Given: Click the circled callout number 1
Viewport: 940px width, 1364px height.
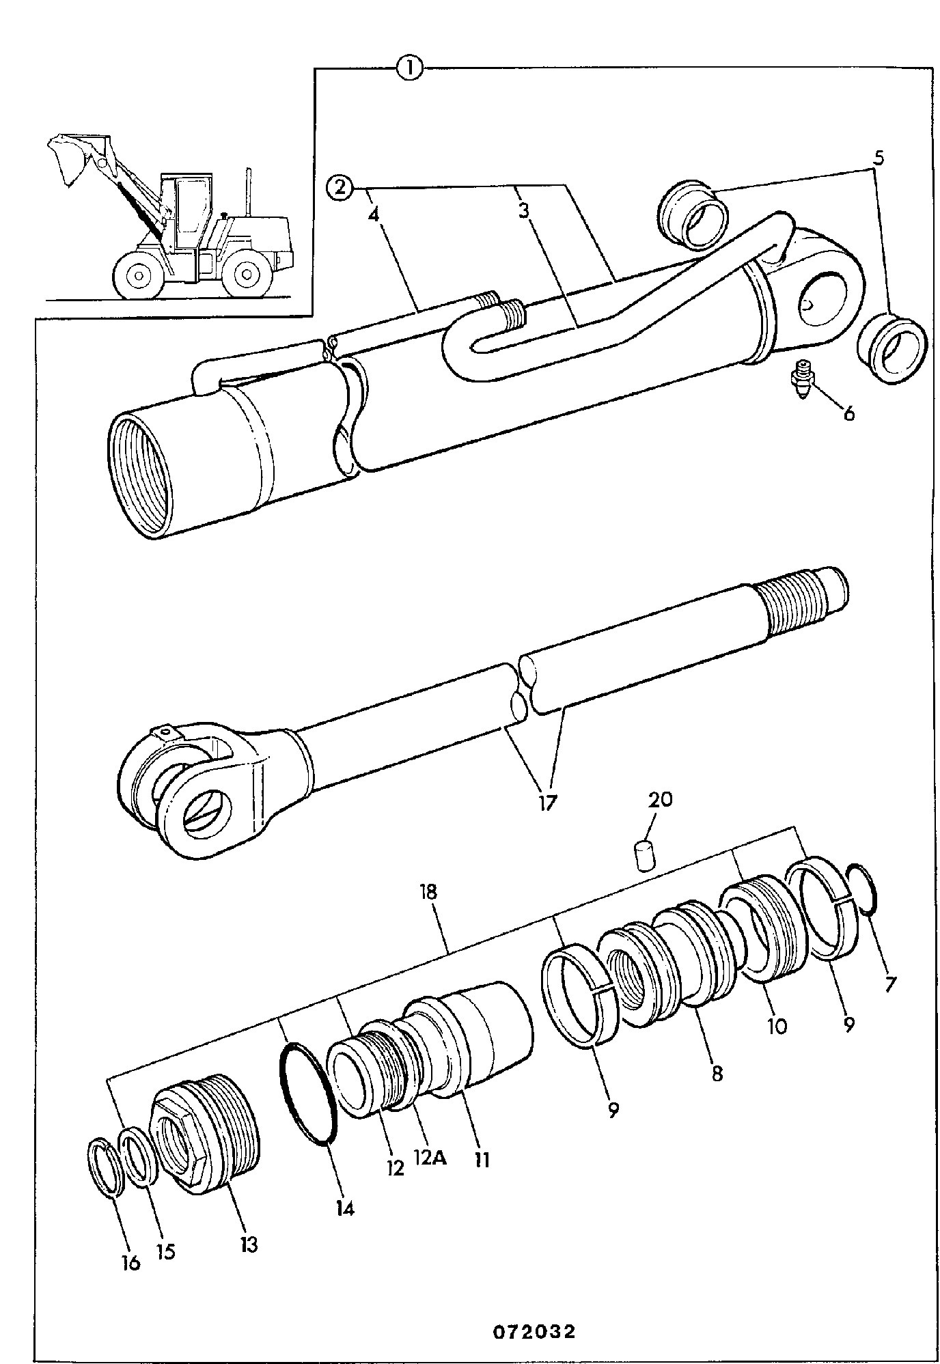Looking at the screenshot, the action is (x=411, y=68).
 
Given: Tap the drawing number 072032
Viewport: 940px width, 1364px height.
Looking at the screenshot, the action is (x=535, y=1332).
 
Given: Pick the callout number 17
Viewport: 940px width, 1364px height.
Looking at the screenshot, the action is (x=547, y=801).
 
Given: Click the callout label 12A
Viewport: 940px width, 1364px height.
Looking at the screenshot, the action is (x=430, y=1158).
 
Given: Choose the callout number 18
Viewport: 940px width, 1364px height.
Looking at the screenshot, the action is (x=429, y=893).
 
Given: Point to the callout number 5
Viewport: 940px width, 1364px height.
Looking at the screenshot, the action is (x=879, y=158).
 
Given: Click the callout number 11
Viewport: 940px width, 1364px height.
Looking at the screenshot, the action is (x=482, y=1159).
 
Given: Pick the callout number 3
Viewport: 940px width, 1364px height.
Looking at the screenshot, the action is (x=523, y=211).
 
